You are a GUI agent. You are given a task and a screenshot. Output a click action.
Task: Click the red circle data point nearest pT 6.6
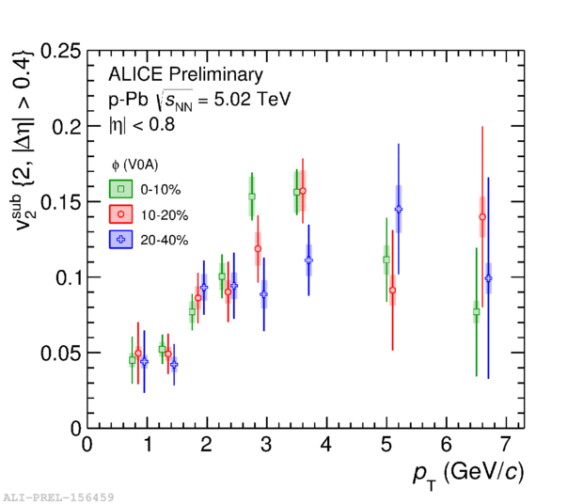pyautogui.click(x=482, y=217)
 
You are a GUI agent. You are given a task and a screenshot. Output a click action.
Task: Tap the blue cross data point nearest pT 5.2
pyautogui.click(x=399, y=210)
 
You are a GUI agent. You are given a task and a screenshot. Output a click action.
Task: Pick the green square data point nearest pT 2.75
pyautogui.click(x=252, y=197)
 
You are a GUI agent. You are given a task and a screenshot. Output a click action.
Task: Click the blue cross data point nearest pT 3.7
pyautogui.click(x=308, y=260)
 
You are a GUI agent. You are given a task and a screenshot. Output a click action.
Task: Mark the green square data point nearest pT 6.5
pyautogui.click(x=477, y=311)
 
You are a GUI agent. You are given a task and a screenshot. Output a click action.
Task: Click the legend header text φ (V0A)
pyautogui.click(x=140, y=165)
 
